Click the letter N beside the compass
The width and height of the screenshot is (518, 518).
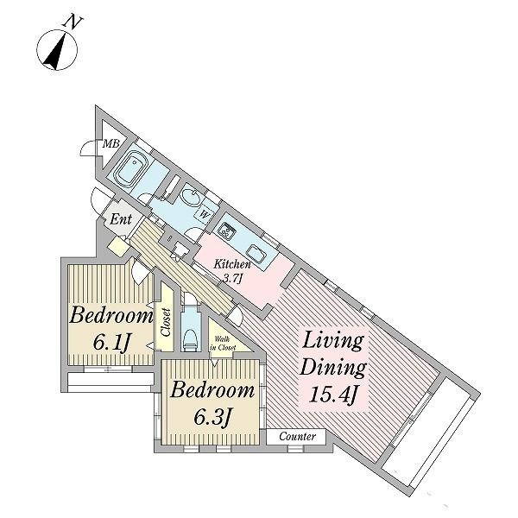(73, 22)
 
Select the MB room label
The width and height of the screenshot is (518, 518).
(111, 143)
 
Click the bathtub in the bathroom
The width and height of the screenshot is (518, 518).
(129, 168)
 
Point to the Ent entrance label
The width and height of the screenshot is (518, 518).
(121, 219)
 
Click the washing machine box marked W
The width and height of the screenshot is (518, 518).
(205, 214)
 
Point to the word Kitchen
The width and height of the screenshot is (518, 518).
(232, 264)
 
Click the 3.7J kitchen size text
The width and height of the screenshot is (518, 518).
(233, 278)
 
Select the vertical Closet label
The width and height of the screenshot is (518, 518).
(166, 322)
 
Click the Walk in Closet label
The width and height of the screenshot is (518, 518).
(224, 344)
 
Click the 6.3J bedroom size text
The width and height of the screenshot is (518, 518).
(212, 418)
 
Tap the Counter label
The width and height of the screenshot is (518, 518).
(297, 436)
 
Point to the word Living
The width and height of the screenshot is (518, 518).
(333, 341)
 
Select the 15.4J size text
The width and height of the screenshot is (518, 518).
(333, 395)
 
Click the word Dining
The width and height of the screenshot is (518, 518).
(333, 368)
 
